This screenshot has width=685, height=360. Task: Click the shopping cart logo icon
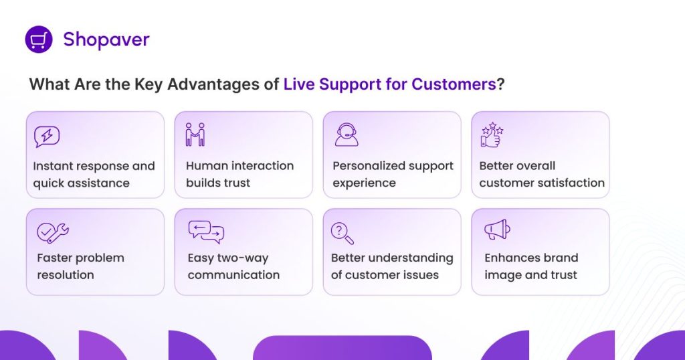tap(39, 39)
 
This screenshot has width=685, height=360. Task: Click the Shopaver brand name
tap(106, 39)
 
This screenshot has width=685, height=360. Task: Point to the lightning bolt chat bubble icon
tap(47, 137)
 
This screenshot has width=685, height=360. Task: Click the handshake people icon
tap(195, 134)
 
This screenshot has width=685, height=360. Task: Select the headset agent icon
tap(346, 134)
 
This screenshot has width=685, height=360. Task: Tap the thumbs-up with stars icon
tap(492, 134)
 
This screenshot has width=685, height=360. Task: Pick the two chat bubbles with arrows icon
tap(205, 232)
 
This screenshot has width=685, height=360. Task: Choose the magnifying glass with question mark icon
tap(342, 233)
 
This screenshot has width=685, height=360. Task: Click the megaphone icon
tap(497, 230)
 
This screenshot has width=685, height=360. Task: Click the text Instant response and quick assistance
tap(94, 175)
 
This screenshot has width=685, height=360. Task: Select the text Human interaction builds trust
tap(239, 175)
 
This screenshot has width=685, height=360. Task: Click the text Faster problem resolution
tap(80, 266)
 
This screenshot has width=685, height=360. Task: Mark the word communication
tap(233, 275)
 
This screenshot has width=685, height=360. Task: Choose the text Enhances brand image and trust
tap(531, 266)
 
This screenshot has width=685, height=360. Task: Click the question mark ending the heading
tap(500, 85)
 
